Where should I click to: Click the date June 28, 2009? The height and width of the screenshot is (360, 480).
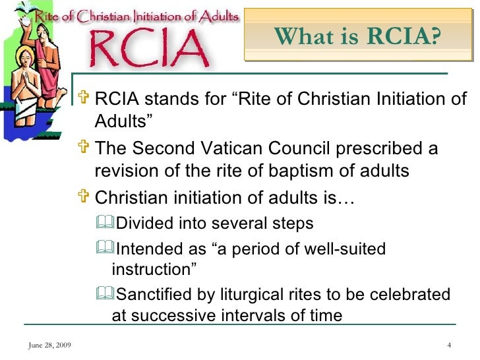click(x=51, y=346)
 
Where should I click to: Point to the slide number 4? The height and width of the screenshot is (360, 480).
click(x=448, y=346)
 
